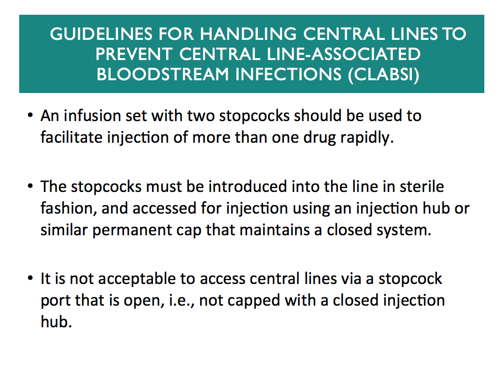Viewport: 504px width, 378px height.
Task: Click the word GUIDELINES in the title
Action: (101, 34)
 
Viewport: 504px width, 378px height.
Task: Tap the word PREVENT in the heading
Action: (134, 54)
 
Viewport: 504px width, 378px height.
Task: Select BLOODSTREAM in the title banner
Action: (162, 74)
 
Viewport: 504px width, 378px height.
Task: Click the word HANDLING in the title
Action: (249, 34)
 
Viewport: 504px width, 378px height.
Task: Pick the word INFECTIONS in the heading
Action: (288, 74)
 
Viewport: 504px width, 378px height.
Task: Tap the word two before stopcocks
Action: (201, 116)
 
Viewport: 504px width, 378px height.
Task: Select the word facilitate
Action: (71, 138)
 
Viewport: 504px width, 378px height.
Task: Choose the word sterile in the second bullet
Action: (422, 187)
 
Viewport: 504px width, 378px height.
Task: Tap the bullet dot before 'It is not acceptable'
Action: (30, 278)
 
